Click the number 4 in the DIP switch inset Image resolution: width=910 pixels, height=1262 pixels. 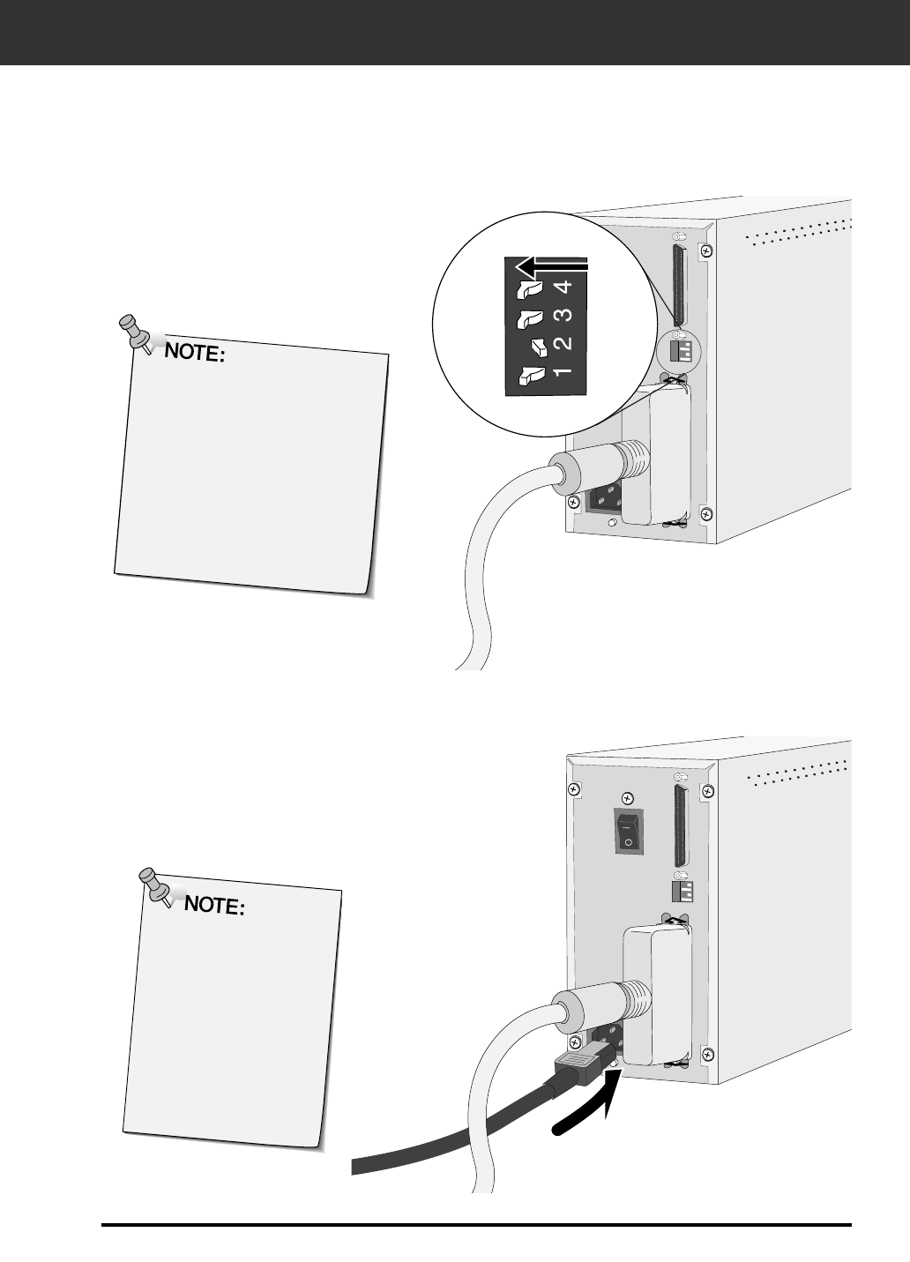click(565, 287)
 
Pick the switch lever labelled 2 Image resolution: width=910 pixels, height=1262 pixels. click(537, 346)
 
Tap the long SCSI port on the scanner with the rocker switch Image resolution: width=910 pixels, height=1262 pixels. click(680, 826)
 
